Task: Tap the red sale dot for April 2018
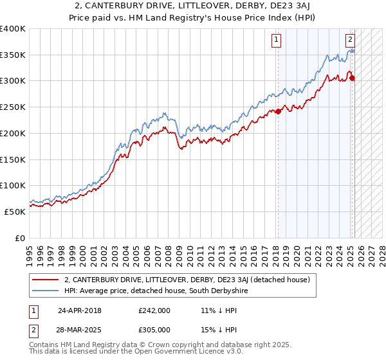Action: (279, 111)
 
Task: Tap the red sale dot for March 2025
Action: (353, 78)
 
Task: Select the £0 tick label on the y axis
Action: (20, 238)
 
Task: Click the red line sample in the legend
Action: (46, 280)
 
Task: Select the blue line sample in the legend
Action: (46, 291)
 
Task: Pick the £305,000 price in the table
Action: (154, 330)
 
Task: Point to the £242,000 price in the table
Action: (154, 310)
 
